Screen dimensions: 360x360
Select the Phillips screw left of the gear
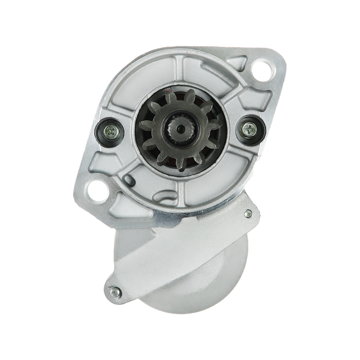click(x=110, y=131)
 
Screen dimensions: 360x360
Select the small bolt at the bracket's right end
click(x=247, y=213)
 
